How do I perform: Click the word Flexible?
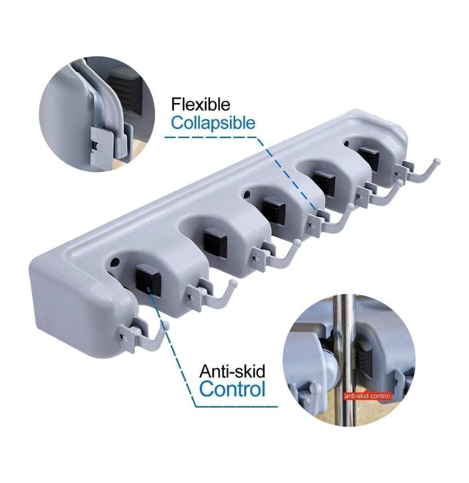pyautogui.click(x=201, y=104)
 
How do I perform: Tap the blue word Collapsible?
pyautogui.click(x=213, y=123)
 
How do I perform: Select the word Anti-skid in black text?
pyautogui.click(x=232, y=371)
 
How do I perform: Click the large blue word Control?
pyautogui.click(x=232, y=389)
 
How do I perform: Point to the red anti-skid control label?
pyautogui.click(x=367, y=396)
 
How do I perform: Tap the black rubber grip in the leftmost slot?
pyautogui.click(x=148, y=280)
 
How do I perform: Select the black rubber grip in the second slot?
pyautogui.click(x=215, y=243)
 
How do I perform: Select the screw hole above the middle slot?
pyautogui.click(x=247, y=194)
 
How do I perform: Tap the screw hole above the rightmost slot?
pyautogui.click(x=346, y=143)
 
